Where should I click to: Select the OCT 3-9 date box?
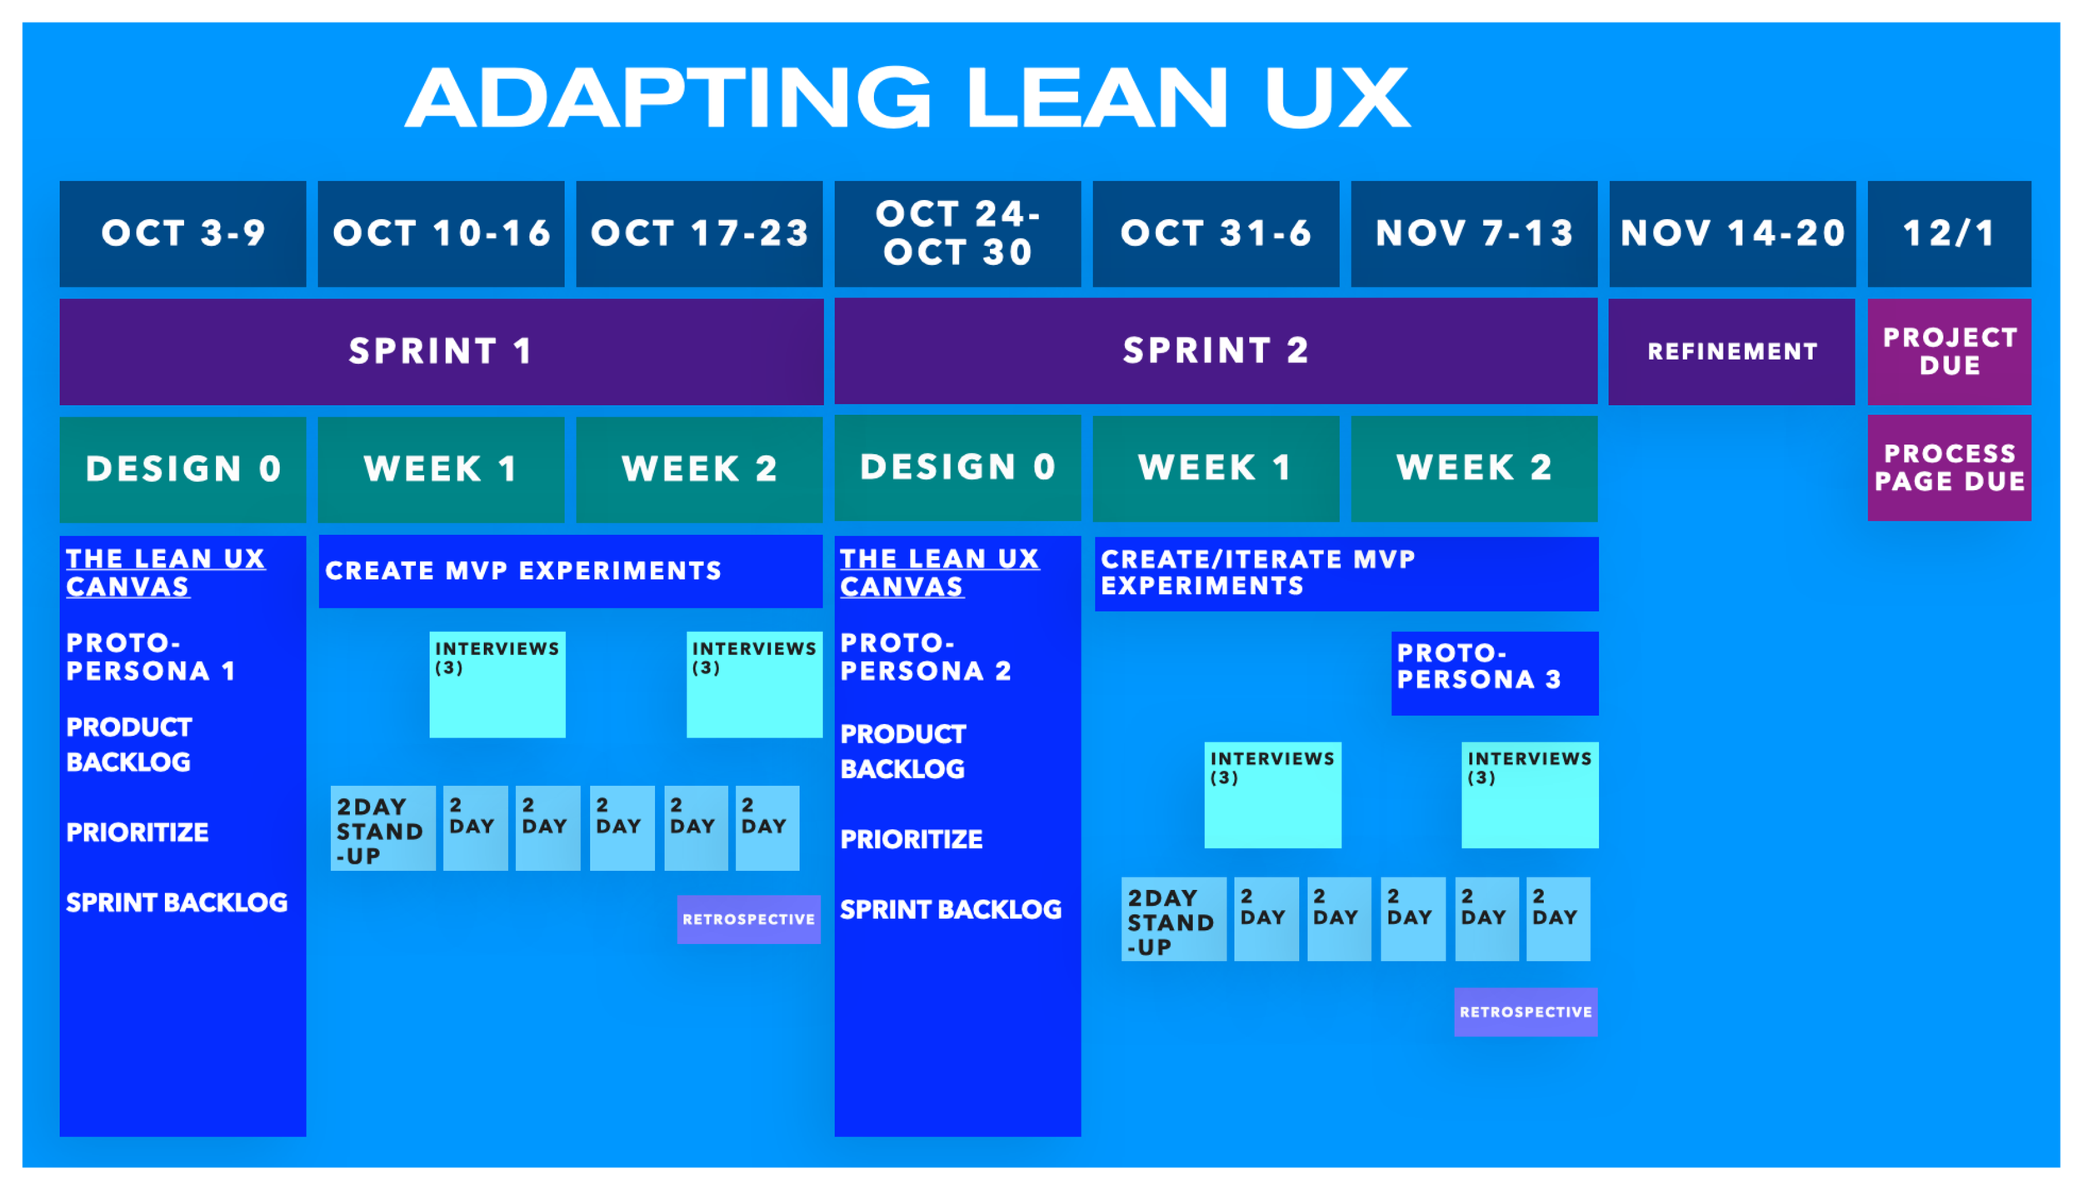(x=182, y=233)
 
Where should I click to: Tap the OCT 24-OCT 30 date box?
(x=957, y=233)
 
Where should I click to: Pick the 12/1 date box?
(x=1948, y=233)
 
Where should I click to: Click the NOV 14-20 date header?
(x=1731, y=233)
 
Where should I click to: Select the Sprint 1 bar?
(x=441, y=351)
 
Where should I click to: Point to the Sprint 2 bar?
(x=1215, y=351)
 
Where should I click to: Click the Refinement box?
(x=1731, y=352)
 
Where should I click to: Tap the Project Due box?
(x=1948, y=352)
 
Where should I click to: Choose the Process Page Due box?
(x=1948, y=467)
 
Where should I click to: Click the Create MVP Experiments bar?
(x=570, y=571)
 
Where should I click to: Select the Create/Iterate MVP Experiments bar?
(x=1346, y=573)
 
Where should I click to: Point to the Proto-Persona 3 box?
(x=1494, y=672)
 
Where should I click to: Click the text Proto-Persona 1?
(x=150, y=657)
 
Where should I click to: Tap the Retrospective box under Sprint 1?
(x=748, y=919)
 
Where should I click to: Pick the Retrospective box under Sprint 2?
(x=1525, y=1012)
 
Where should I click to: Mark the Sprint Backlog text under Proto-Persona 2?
(x=950, y=909)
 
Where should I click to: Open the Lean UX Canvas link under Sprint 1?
(x=165, y=572)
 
